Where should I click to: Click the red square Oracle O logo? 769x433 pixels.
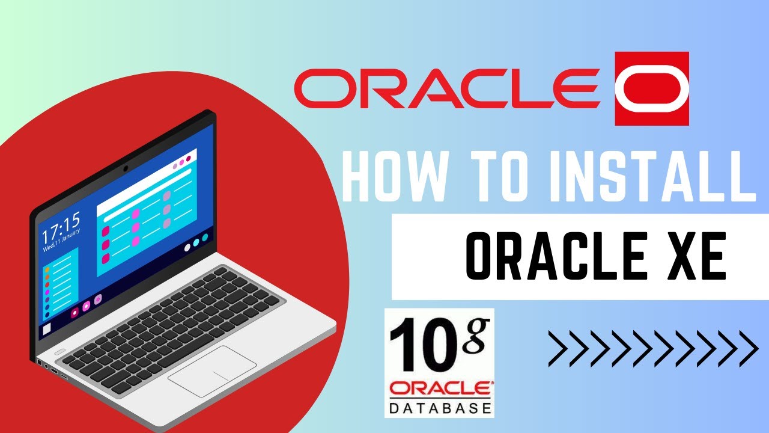click(x=652, y=88)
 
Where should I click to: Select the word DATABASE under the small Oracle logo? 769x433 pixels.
click(x=440, y=408)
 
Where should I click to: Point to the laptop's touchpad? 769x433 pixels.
click(x=212, y=371)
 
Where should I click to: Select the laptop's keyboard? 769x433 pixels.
click(x=174, y=319)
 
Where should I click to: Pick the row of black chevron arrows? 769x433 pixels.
click(x=652, y=348)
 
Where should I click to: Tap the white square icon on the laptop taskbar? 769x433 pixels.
click(x=46, y=330)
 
